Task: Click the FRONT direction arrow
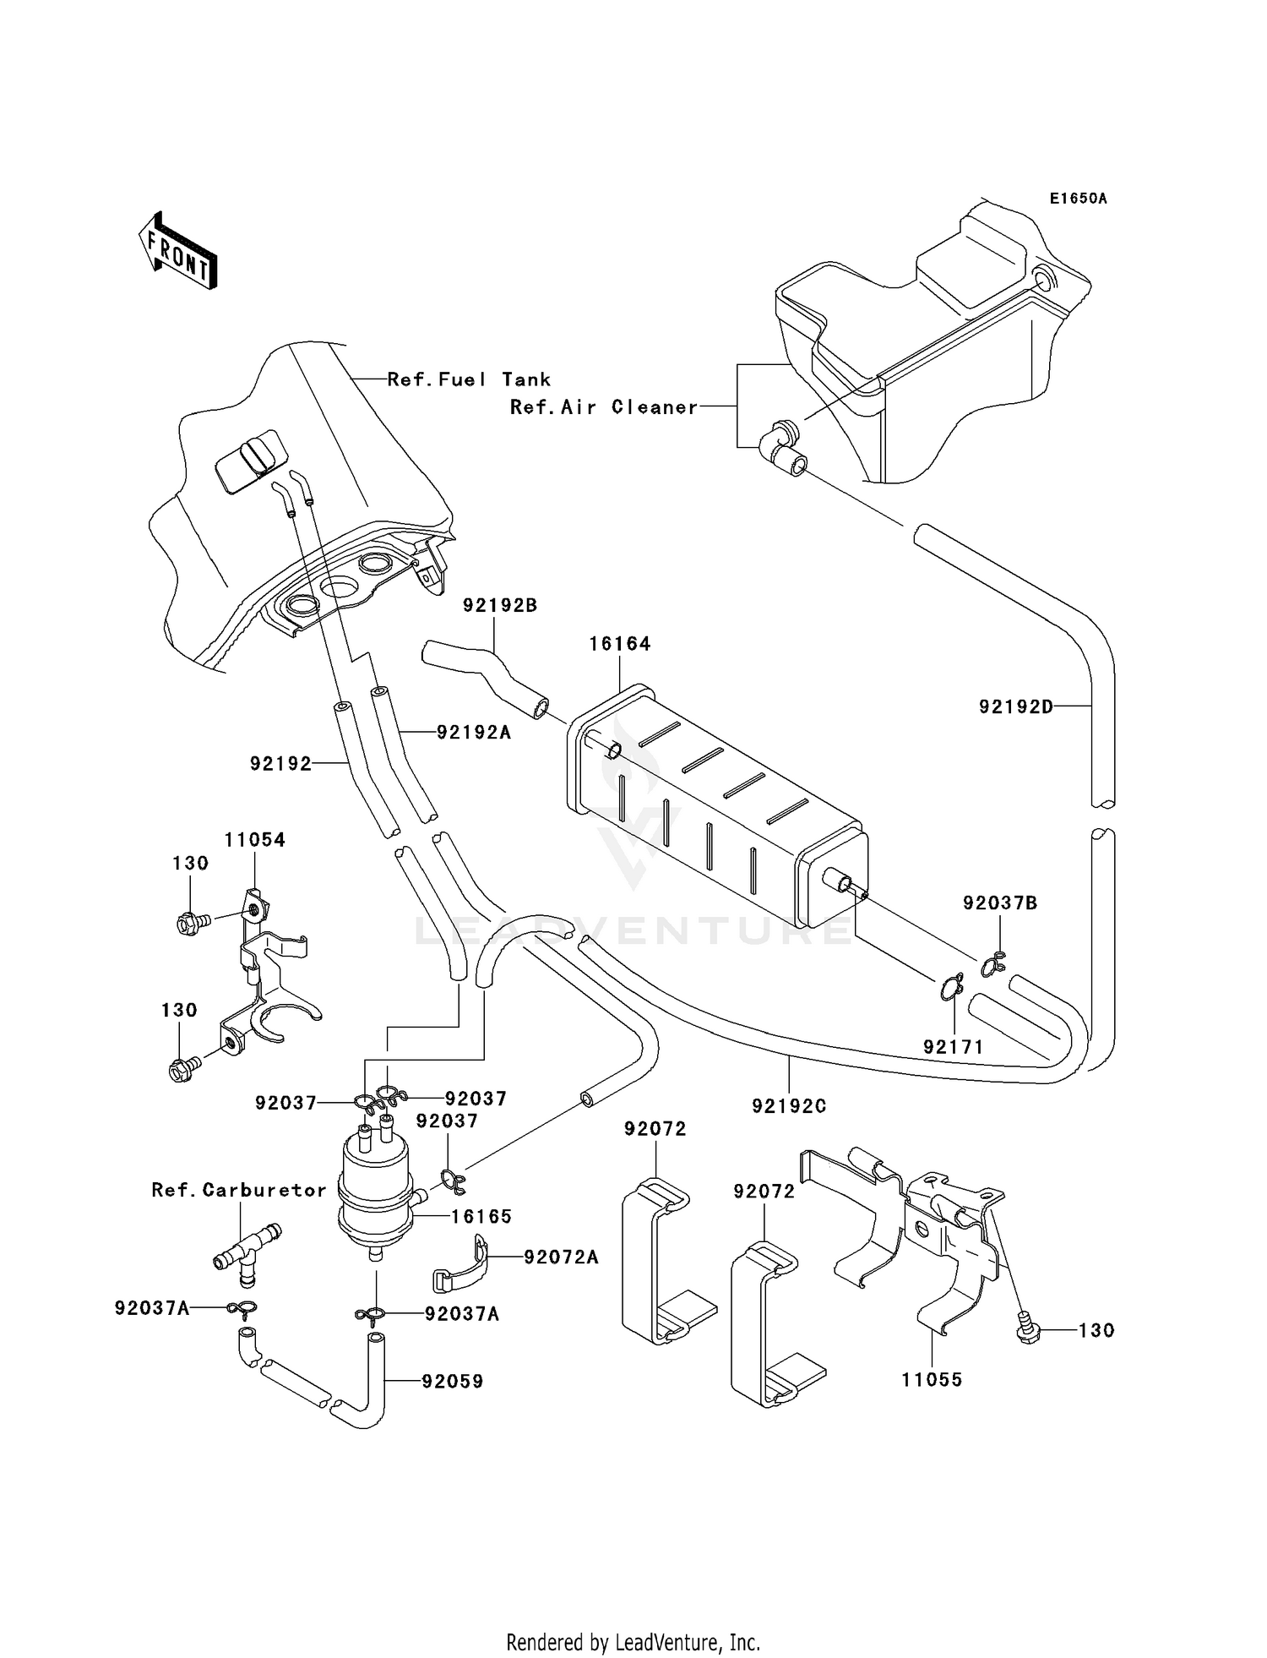coord(178,251)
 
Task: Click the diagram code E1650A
coord(1078,199)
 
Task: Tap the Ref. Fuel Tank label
coord(469,380)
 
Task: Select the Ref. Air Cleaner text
coord(604,407)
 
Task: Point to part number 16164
coord(619,644)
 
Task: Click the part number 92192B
coord(500,606)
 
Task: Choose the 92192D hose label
coord(1016,706)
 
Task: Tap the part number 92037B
coord(1000,903)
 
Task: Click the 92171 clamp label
coord(954,1047)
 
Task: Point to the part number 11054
coord(254,840)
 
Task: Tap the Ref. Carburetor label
coord(239,1190)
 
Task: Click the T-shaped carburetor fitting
coord(244,1248)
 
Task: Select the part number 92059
coord(453,1382)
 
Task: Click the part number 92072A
coord(561,1257)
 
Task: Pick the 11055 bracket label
coord(932,1380)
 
